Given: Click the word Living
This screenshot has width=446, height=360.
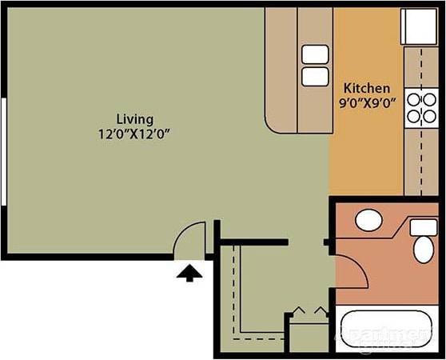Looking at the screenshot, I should click(x=134, y=118).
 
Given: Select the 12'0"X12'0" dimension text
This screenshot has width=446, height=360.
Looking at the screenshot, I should click(x=134, y=134).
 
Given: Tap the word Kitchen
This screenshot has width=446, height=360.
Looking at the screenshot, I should click(x=367, y=87).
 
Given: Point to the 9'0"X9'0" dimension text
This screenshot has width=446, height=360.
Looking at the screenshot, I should click(x=367, y=102).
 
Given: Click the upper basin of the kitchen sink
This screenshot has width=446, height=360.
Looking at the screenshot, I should click(x=314, y=54).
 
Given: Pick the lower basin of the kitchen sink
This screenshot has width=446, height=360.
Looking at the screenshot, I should click(x=314, y=76).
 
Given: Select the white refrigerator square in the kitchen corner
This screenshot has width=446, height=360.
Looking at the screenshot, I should click(x=416, y=26).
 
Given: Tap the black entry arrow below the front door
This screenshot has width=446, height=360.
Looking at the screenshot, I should click(x=189, y=273).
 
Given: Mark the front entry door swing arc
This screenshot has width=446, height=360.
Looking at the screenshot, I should click(x=192, y=237).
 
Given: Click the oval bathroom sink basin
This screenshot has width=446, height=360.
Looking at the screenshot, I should click(x=368, y=221).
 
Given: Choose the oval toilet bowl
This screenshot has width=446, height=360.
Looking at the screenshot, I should click(x=423, y=248).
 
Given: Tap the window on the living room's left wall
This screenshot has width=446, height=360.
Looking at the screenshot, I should click(x=4, y=152).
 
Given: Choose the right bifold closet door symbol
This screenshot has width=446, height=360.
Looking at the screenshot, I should click(x=319, y=310).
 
